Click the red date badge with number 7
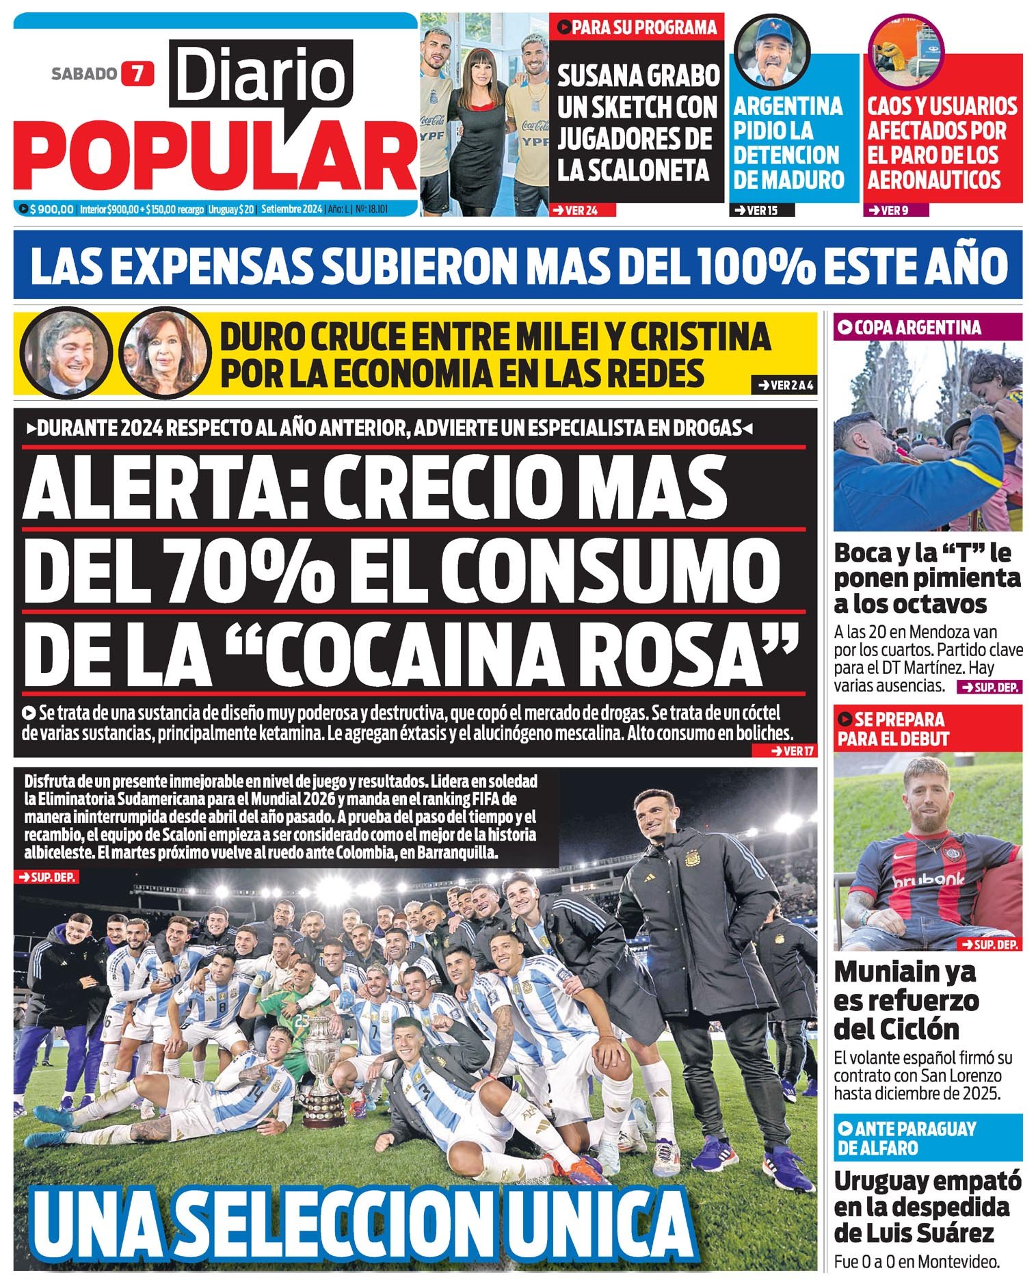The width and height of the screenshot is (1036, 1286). pyautogui.click(x=138, y=73)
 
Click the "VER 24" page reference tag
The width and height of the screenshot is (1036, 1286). pyautogui.click(x=581, y=210)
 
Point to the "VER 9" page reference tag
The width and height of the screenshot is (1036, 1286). pyautogui.click(x=894, y=210)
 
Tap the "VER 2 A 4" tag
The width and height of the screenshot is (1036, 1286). pyautogui.click(x=783, y=385)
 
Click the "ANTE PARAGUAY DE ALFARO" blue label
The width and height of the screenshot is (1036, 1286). pyautogui.click(x=906, y=1138)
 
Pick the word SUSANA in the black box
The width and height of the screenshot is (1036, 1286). pyautogui.click(x=602, y=76)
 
